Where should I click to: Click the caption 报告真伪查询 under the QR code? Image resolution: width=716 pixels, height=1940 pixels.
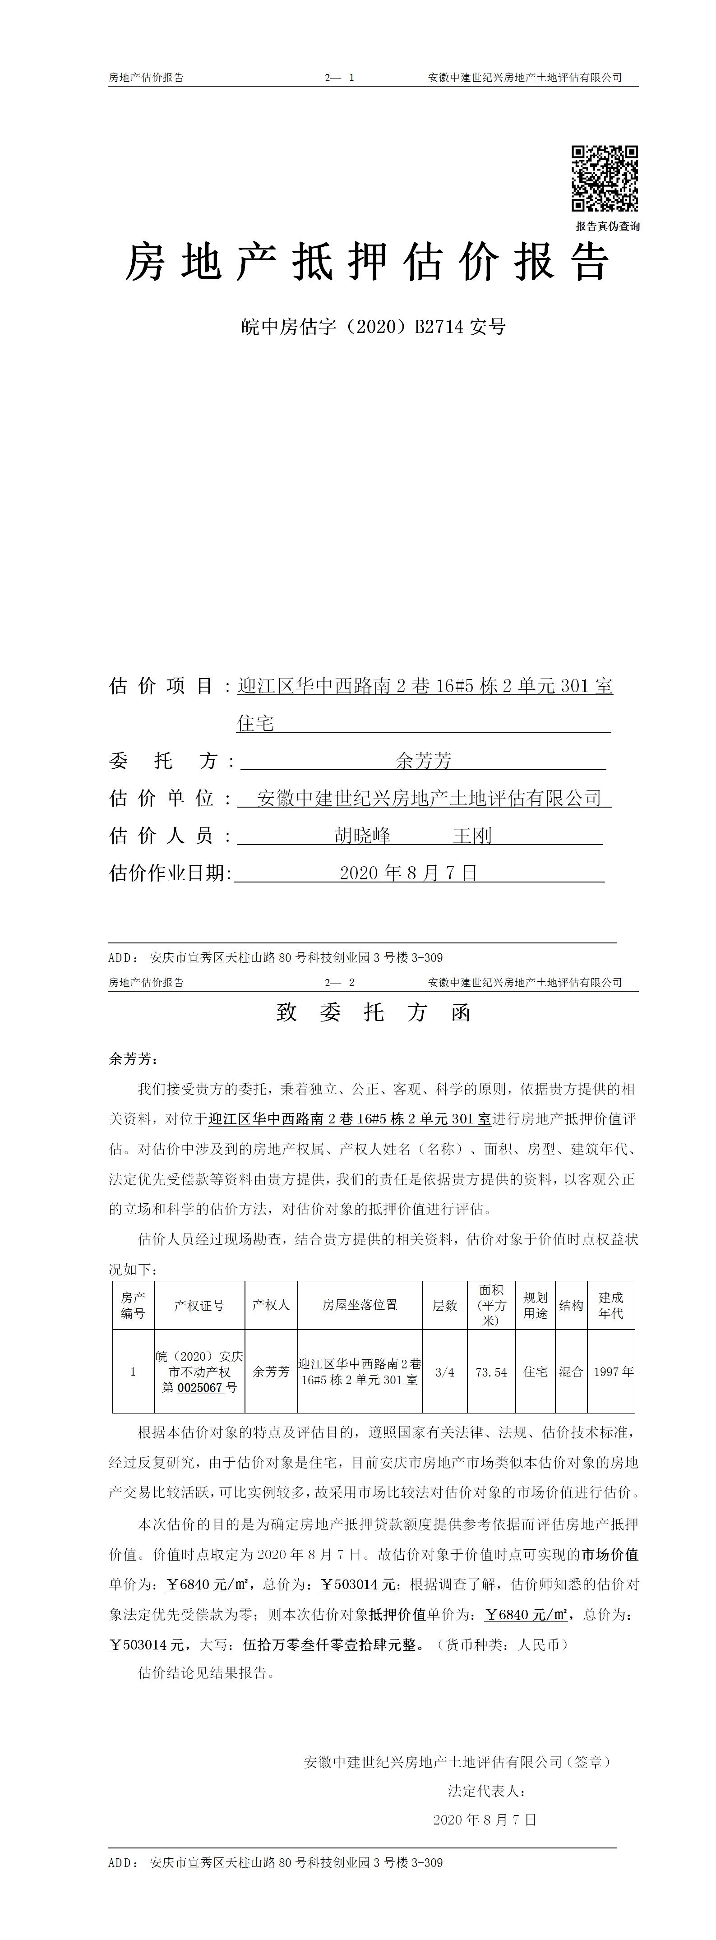click(x=608, y=226)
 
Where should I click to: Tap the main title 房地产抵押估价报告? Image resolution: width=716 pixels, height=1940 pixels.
click(x=367, y=263)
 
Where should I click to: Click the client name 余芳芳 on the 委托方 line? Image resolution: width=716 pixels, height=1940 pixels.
click(x=424, y=761)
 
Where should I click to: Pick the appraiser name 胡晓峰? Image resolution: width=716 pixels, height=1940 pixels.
click(x=363, y=835)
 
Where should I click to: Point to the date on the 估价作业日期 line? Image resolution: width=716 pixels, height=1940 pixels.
click(x=409, y=873)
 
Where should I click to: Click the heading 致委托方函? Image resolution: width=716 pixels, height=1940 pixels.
click(x=374, y=1012)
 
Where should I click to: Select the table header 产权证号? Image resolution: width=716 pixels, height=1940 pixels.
click(x=199, y=1305)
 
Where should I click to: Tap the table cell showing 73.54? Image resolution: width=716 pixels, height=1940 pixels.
click(x=491, y=1372)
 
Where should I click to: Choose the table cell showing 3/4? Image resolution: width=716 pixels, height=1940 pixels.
click(x=445, y=1372)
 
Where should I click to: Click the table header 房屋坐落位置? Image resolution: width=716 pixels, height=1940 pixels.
click(x=360, y=1305)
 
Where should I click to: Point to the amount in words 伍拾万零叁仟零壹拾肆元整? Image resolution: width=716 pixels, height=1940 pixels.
click(x=329, y=1645)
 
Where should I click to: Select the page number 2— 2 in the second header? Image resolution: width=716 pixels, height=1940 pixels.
click(x=340, y=982)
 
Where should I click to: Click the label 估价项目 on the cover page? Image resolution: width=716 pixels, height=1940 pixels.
click(x=162, y=686)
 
